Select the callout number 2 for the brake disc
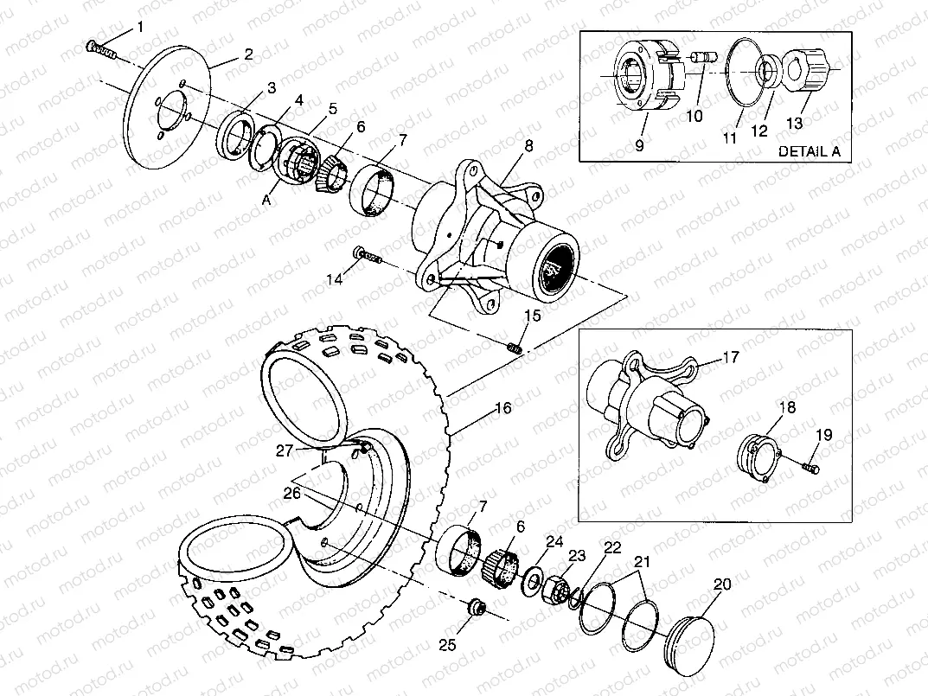coord(248,54)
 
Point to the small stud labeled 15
coord(515,348)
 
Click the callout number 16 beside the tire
coord(502,407)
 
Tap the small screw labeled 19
coord(810,468)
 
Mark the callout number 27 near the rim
coord(285,450)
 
